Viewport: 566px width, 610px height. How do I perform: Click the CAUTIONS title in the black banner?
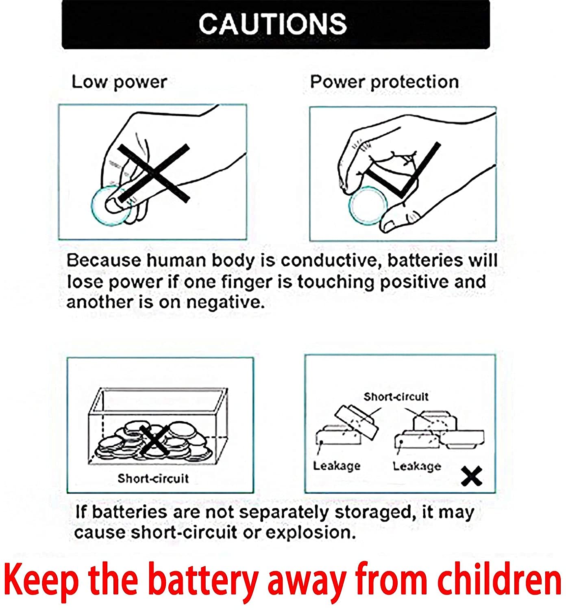[273, 24]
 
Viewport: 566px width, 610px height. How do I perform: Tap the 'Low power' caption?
[119, 82]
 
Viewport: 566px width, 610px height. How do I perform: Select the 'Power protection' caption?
[385, 82]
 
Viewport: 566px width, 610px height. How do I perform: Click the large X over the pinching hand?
[154, 173]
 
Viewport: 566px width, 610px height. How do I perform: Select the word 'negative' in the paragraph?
[225, 303]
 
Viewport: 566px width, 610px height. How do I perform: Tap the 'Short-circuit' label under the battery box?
[153, 479]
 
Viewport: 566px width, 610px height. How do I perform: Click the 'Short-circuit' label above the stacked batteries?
[396, 397]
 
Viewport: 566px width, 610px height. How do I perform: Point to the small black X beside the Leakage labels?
[472, 476]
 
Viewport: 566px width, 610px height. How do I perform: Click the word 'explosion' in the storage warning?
[311, 533]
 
